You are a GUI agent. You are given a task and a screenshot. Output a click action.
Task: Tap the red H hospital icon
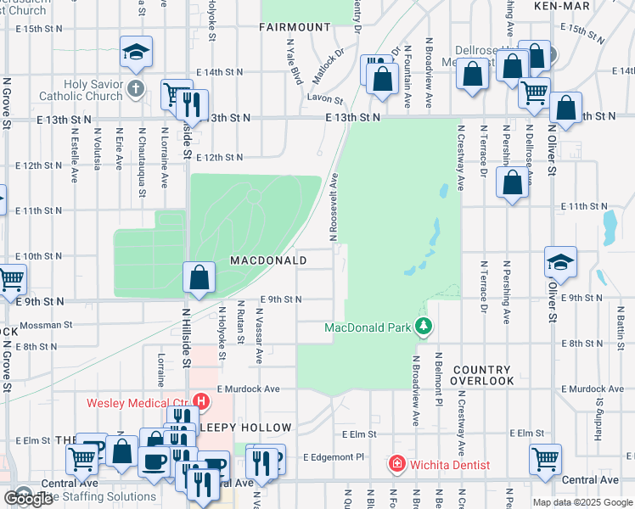coord(202,400)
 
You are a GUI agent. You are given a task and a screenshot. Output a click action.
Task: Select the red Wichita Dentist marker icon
coord(396,464)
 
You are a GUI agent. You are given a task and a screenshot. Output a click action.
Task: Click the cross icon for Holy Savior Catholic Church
coord(135,87)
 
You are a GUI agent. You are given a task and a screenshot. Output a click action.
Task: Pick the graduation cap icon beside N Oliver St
coord(561,262)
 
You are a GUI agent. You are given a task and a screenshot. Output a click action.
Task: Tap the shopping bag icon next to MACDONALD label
coord(199,277)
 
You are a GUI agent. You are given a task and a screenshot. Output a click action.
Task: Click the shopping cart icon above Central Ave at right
coord(545,460)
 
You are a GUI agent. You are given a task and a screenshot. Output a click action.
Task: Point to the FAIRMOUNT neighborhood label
coord(296,27)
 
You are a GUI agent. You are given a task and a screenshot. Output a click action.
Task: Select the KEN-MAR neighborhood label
coord(561,6)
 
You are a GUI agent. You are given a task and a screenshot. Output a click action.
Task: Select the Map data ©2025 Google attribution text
coord(582,502)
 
